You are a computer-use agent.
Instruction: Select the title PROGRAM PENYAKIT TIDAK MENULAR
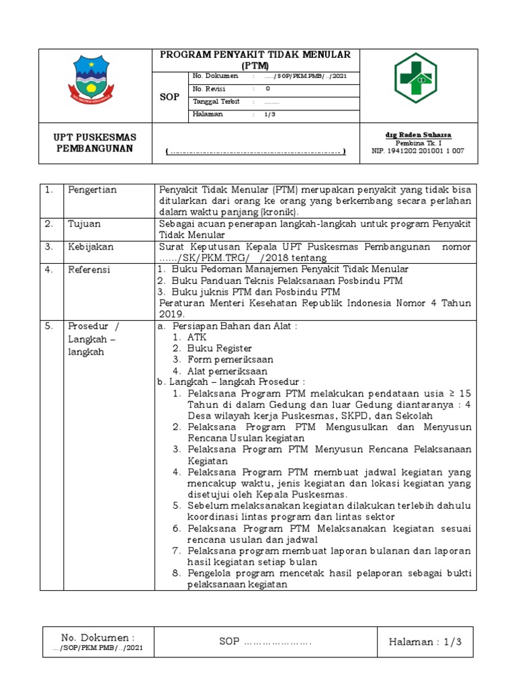point(259,55)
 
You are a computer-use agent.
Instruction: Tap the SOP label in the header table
point(169,97)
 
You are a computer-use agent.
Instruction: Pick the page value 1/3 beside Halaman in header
point(269,114)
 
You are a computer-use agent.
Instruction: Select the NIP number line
point(418,151)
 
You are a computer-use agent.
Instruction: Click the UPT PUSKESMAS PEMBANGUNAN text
point(95,143)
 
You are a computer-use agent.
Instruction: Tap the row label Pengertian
point(92,190)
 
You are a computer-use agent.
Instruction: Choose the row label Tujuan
point(84,223)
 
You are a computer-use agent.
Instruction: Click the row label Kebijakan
point(90,247)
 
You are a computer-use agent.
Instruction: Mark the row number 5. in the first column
point(49,326)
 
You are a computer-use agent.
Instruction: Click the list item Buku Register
point(220,348)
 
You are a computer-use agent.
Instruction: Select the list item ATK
point(198,337)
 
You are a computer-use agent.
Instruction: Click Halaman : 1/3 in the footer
point(426,643)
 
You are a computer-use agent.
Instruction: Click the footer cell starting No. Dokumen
point(98,642)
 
